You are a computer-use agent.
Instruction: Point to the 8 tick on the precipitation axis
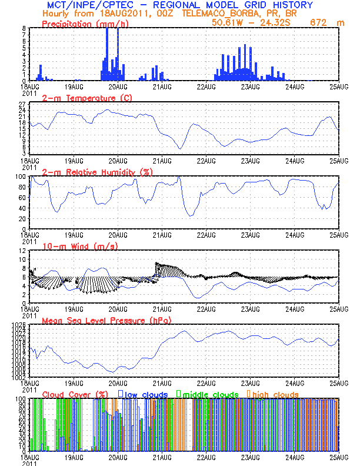24,28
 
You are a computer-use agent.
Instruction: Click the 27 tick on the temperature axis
22,102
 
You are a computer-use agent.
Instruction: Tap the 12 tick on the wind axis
22,251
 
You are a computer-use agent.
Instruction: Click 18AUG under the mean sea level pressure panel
29,383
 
